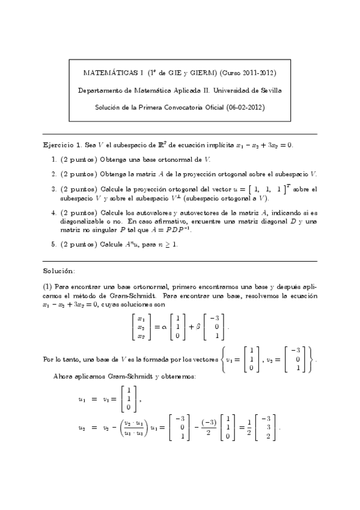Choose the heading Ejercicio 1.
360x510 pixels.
pos(62,146)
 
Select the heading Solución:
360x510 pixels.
pos(59,271)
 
